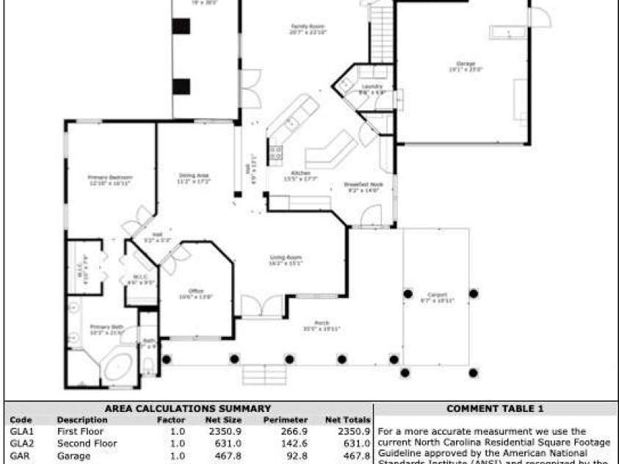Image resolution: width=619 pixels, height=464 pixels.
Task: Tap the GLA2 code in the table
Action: (21, 443)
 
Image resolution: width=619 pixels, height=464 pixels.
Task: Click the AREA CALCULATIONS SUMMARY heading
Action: (187, 408)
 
